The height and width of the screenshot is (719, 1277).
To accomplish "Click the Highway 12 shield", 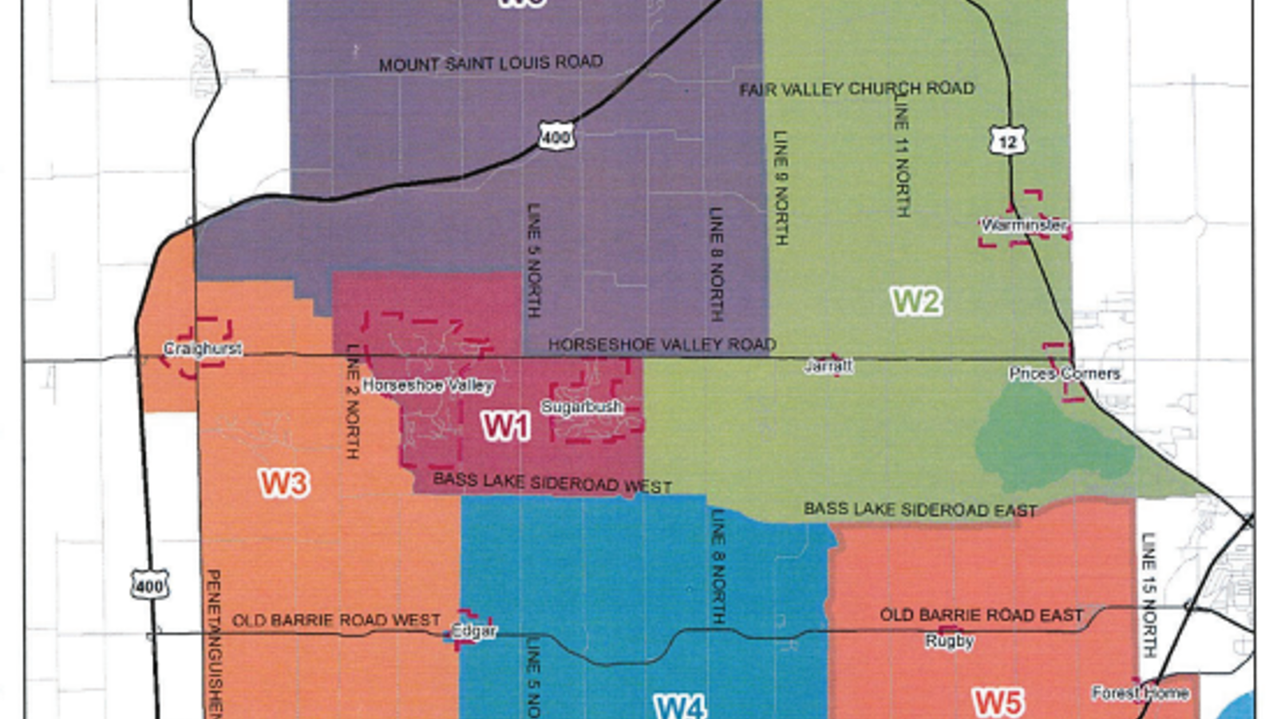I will pyautogui.click(x=1007, y=141).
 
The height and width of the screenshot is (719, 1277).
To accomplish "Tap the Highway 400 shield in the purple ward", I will pyautogui.click(x=555, y=137).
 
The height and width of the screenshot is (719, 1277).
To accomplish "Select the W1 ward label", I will pyautogui.click(x=505, y=427).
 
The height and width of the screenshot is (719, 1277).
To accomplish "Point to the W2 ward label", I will pyautogui.click(x=916, y=301).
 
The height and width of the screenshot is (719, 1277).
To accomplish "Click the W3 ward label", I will pyautogui.click(x=283, y=483).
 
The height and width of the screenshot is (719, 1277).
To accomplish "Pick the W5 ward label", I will pyautogui.click(x=998, y=702).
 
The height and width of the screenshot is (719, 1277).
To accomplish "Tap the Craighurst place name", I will pyautogui.click(x=203, y=348).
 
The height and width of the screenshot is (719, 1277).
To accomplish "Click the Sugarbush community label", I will pyautogui.click(x=582, y=407).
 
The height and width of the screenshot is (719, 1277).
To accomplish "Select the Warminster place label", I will pyautogui.click(x=1023, y=225).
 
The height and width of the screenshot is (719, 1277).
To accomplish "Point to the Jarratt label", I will pyautogui.click(x=828, y=366).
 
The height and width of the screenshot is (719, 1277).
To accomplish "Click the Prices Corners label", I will pyautogui.click(x=1064, y=373).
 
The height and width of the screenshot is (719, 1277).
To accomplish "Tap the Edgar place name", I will pyautogui.click(x=474, y=631).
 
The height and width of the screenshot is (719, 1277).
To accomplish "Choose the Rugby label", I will pyautogui.click(x=950, y=641).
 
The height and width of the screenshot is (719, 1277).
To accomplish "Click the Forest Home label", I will pyautogui.click(x=1141, y=693).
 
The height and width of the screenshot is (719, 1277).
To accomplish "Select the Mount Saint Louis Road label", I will pyautogui.click(x=491, y=63).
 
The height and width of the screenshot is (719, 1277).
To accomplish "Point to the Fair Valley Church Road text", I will pyautogui.click(x=857, y=89).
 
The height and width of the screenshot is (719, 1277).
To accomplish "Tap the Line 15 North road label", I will pyautogui.click(x=1148, y=594).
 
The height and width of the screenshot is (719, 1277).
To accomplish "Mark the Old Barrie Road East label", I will pyautogui.click(x=982, y=614).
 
